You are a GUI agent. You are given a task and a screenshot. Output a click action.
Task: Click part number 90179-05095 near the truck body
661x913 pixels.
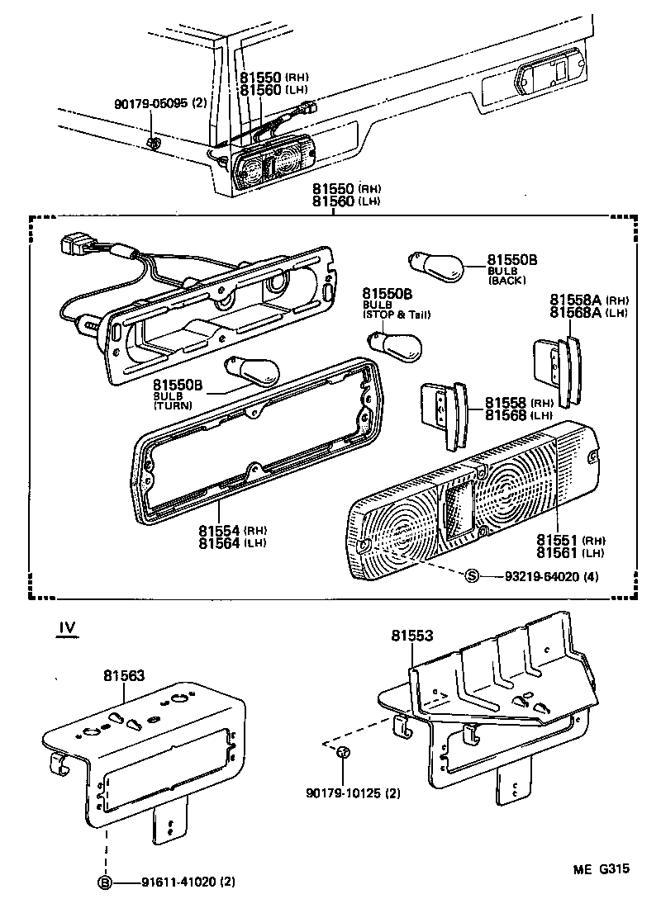click(153, 104)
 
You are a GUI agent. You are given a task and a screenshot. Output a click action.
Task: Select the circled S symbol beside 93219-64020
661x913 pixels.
click(472, 576)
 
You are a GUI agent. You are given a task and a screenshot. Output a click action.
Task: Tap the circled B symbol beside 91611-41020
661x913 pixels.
click(106, 882)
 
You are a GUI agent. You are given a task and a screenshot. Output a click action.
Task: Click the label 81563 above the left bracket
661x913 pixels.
click(124, 674)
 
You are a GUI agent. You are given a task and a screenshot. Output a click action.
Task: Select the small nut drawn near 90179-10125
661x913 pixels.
click(345, 753)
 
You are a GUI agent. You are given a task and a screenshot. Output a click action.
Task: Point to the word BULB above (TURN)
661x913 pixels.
click(163, 396)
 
